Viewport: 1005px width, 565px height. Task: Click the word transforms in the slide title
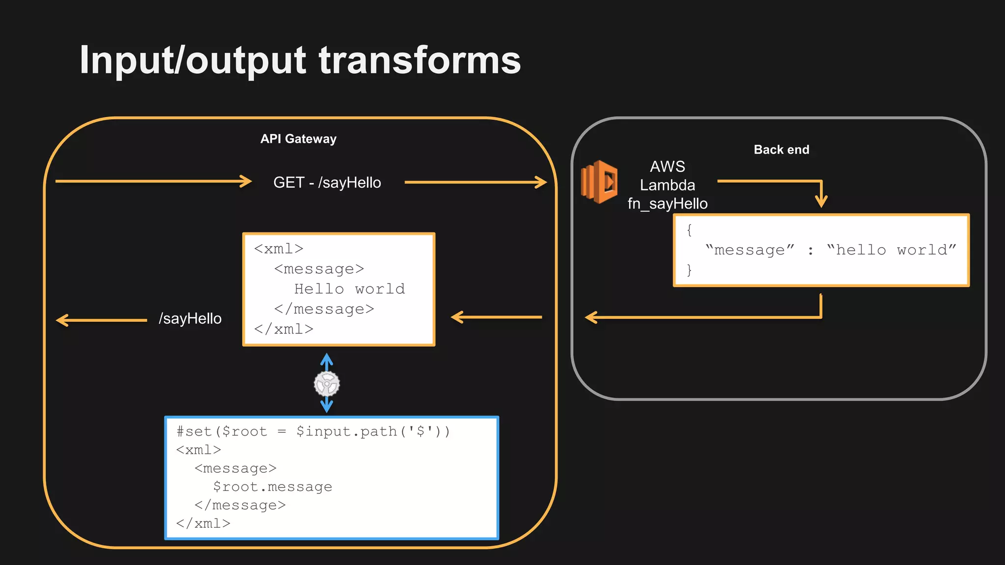click(x=420, y=60)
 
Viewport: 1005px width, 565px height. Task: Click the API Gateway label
click(x=298, y=139)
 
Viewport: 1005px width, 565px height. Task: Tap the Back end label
click(x=781, y=150)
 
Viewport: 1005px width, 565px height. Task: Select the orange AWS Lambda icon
click(x=599, y=182)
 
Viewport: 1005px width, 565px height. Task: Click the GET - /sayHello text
click(x=327, y=182)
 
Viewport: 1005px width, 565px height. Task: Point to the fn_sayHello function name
click(x=667, y=204)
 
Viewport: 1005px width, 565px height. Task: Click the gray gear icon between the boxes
click(x=327, y=384)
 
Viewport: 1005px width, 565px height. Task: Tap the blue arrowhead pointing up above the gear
click(x=327, y=359)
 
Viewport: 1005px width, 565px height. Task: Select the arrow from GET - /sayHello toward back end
click(x=475, y=182)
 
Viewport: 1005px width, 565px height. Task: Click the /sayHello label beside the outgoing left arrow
click(x=190, y=318)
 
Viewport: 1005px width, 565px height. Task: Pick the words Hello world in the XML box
click(x=349, y=289)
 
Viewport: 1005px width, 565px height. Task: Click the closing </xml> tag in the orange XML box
click(x=284, y=329)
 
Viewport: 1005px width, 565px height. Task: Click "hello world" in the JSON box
click(x=891, y=250)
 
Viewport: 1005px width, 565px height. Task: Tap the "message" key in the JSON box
click(x=749, y=250)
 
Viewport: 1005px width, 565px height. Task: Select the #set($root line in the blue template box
click(x=313, y=431)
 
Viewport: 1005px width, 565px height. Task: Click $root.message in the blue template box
click(x=272, y=487)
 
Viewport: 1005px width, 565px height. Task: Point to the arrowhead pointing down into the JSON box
click(x=821, y=202)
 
